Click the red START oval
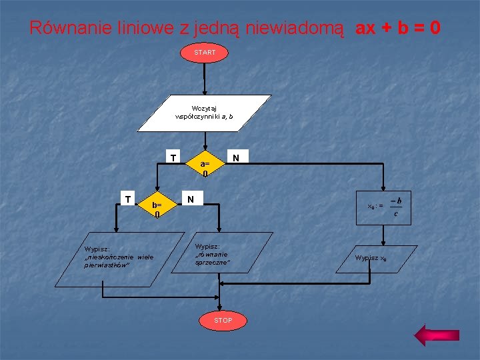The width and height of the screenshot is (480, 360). [205, 52]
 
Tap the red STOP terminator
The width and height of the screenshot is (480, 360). [223, 321]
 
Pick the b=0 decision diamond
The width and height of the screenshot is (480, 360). [157, 209]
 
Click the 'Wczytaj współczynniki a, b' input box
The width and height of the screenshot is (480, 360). [204, 112]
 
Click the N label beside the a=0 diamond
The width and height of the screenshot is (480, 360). [235, 158]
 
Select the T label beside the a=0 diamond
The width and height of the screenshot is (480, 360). [173, 159]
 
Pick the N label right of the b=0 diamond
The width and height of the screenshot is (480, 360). [191, 199]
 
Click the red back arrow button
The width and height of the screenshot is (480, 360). [432, 335]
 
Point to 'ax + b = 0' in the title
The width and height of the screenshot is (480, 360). [398, 28]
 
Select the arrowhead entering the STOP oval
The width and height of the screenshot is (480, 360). [223, 307]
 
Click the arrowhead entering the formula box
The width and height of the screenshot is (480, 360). [384, 191]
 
